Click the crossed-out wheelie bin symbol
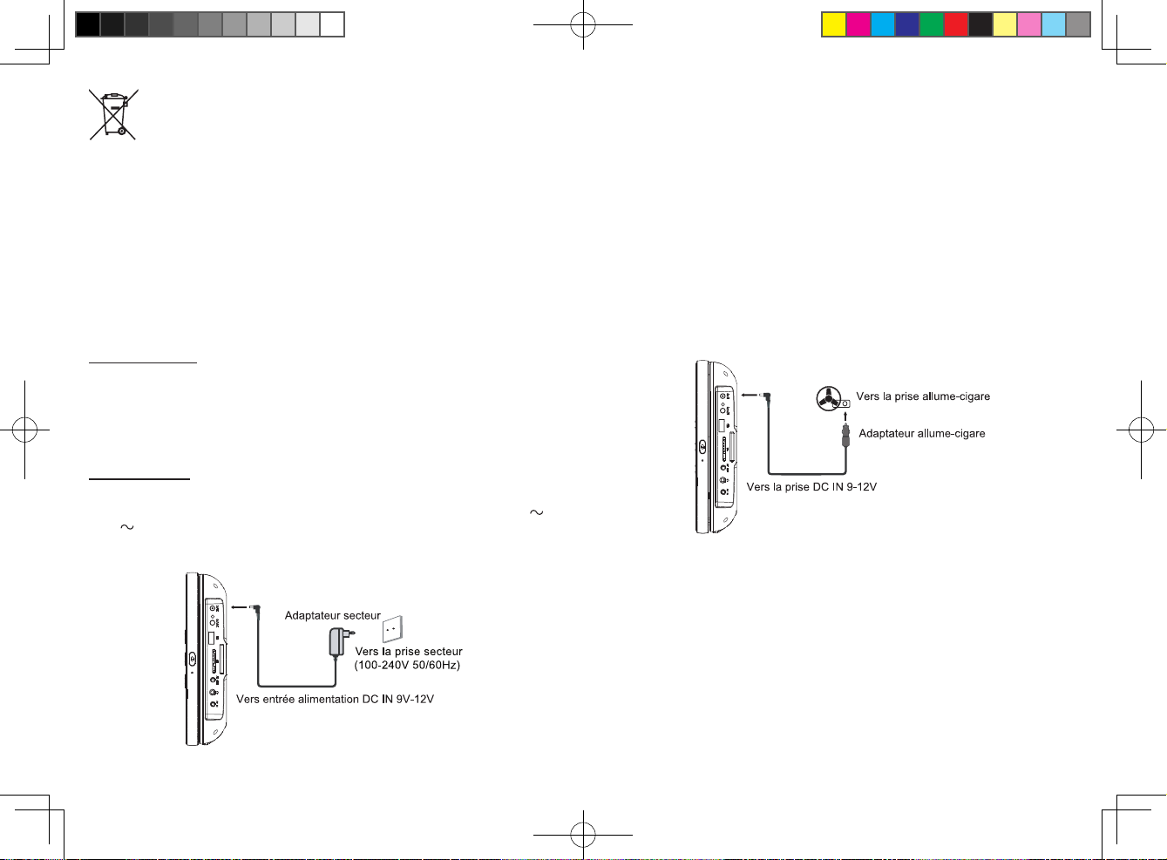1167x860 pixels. (113, 114)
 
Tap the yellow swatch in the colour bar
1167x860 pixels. (834, 24)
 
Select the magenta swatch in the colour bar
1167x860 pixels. (858, 24)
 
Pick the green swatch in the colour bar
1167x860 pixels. (932, 24)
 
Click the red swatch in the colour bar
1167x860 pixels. (956, 24)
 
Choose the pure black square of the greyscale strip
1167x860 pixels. (88, 24)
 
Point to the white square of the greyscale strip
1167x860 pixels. (332, 24)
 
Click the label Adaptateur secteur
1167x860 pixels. (332, 615)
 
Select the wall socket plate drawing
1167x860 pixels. (392, 629)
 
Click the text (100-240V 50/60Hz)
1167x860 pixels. (407, 665)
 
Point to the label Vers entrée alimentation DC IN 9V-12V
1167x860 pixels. (335, 699)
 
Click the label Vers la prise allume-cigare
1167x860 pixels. (923, 396)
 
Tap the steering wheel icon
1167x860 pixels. (829, 398)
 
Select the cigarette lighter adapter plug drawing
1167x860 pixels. (845, 436)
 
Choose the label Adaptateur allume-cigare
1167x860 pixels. (922, 433)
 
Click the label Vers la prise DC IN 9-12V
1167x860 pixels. (811, 486)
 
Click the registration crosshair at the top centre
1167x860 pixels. (583, 24)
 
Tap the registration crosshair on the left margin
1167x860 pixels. (24, 430)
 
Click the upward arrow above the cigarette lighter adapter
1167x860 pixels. (845, 416)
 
